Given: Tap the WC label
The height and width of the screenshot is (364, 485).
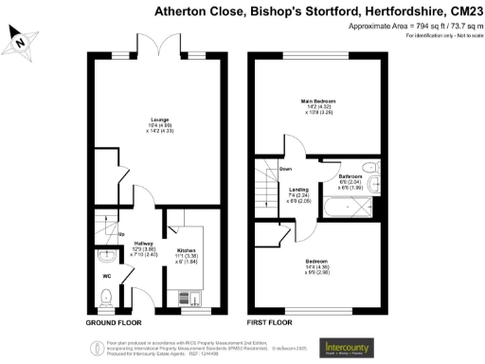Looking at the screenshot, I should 107,277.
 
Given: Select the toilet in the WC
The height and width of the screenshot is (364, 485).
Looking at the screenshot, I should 106,298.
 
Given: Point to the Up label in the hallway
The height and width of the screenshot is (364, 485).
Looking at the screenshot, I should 120,233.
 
